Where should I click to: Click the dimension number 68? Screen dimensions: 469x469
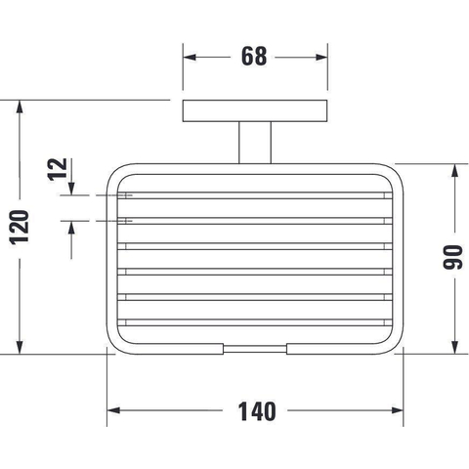254,57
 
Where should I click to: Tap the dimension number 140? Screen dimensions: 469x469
257,411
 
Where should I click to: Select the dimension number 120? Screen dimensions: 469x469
20,228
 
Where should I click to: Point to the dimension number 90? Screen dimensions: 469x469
452,257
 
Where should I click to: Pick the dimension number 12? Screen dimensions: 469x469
58,169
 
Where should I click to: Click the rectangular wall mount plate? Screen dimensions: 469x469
255,110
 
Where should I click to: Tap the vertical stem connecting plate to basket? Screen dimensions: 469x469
255,143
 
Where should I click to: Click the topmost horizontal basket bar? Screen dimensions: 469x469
255,195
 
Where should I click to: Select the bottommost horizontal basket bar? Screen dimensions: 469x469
255,322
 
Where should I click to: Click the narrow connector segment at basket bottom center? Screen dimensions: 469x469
255,349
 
